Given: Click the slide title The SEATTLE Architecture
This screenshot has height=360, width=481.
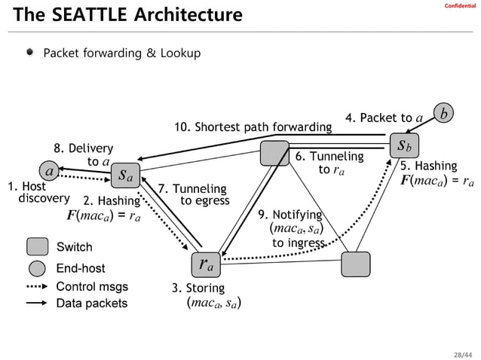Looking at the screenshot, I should tap(127, 15).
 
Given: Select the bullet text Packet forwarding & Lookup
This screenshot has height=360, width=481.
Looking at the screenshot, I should tap(121, 53).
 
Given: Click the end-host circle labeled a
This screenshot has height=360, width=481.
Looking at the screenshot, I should tap(50, 172).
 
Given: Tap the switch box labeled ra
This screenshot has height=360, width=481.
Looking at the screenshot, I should tap(205, 264).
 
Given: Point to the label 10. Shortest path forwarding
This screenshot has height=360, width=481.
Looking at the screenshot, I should tap(253, 126).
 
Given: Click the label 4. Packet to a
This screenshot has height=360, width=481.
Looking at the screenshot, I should tap(383, 117).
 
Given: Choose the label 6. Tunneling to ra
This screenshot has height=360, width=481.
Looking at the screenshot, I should tap(329, 163).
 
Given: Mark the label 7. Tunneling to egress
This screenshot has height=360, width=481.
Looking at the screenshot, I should tap(192, 194).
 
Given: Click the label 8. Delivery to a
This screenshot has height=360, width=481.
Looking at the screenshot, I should tap(83, 155).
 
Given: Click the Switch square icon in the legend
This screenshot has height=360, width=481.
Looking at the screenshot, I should tap(38, 246).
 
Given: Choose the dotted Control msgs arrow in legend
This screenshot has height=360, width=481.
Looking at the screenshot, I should tap(38, 287).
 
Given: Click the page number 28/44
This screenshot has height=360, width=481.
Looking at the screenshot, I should tap(461, 350).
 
